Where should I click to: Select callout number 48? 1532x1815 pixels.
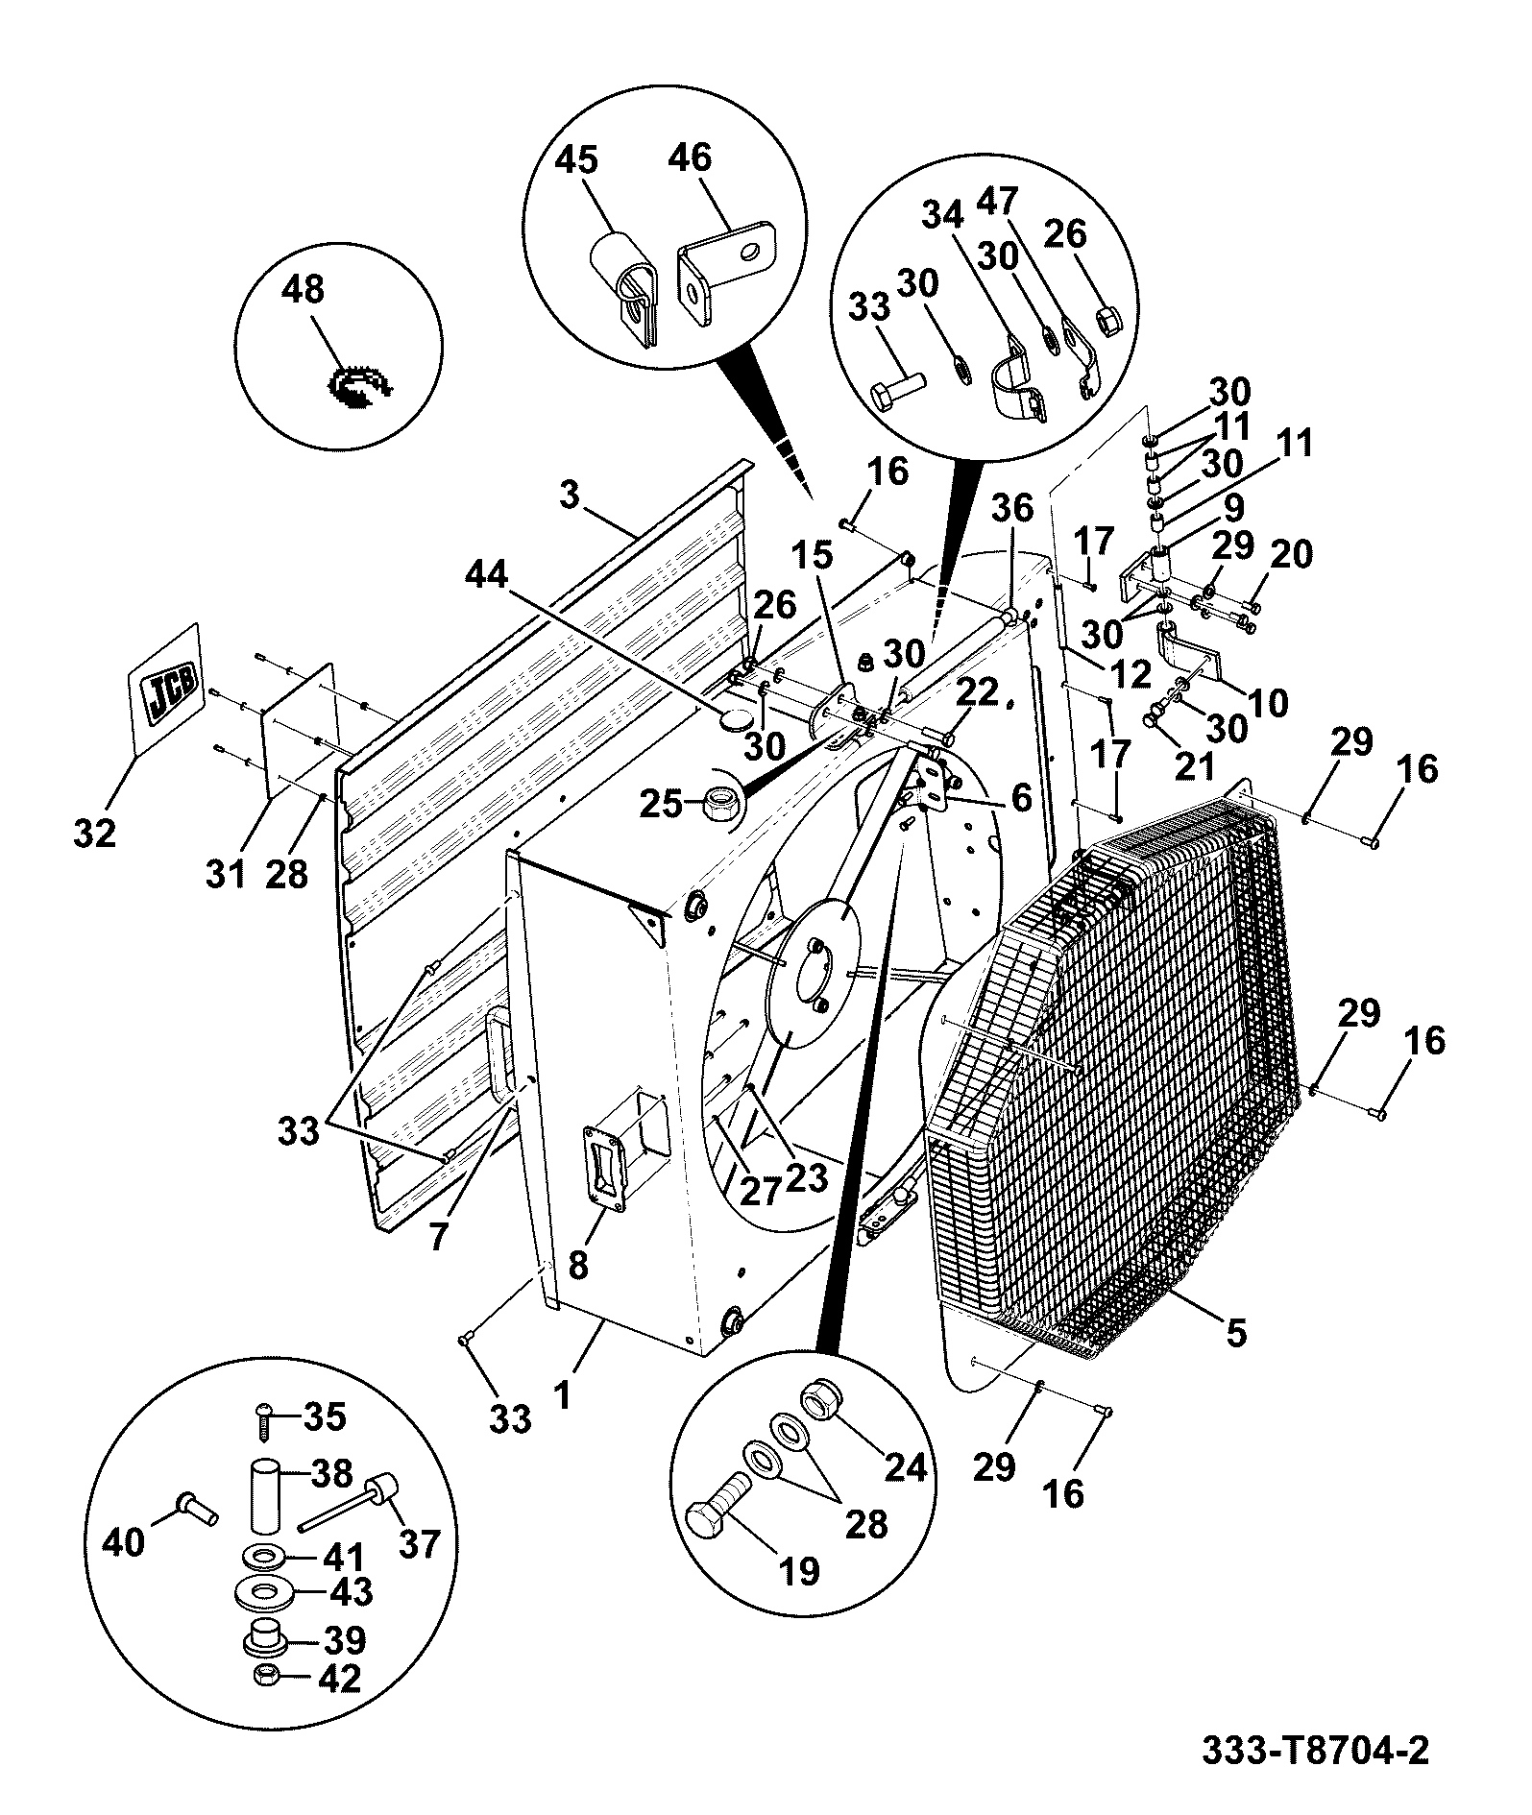click(304, 290)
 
